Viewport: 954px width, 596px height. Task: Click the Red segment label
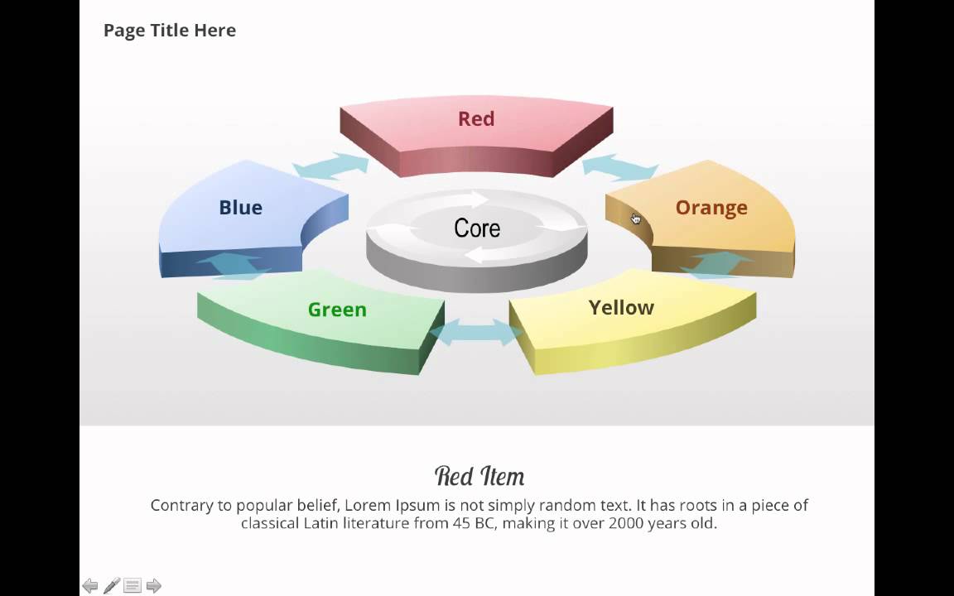(476, 119)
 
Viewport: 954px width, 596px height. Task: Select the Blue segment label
(240, 208)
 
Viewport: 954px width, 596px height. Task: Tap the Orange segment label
(711, 208)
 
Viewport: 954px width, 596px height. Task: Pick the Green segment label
(337, 310)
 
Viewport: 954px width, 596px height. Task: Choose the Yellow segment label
(621, 308)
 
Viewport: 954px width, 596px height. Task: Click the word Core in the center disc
(477, 228)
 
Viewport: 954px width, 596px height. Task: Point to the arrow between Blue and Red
(330, 164)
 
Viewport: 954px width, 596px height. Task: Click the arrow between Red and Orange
(619, 167)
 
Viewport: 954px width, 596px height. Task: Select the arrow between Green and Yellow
(476, 333)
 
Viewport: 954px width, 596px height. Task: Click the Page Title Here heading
(170, 31)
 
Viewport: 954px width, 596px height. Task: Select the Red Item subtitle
(479, 476)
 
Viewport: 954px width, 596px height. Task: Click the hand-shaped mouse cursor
(635, 219)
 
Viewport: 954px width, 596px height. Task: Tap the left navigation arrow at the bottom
(90, 586)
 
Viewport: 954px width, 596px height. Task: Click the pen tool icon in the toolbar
(112, 586)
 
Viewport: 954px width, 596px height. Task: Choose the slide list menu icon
(132, 586)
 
